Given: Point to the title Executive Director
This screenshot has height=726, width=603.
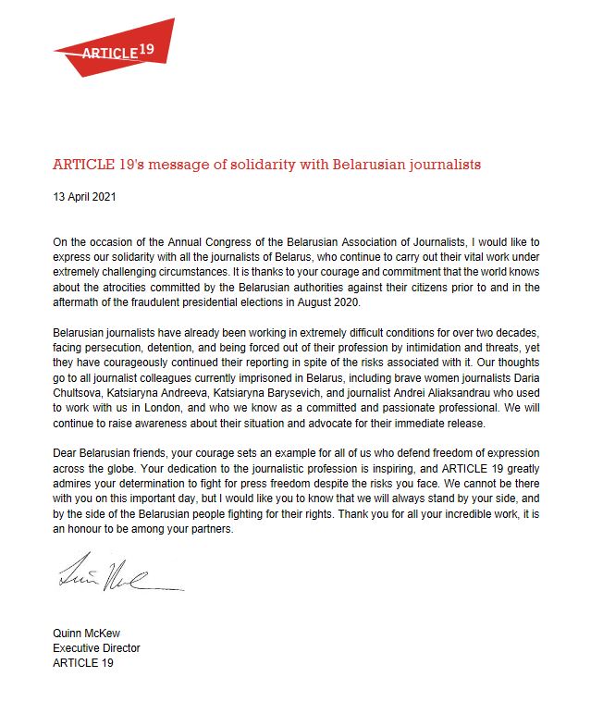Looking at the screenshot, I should click(96, 647).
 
